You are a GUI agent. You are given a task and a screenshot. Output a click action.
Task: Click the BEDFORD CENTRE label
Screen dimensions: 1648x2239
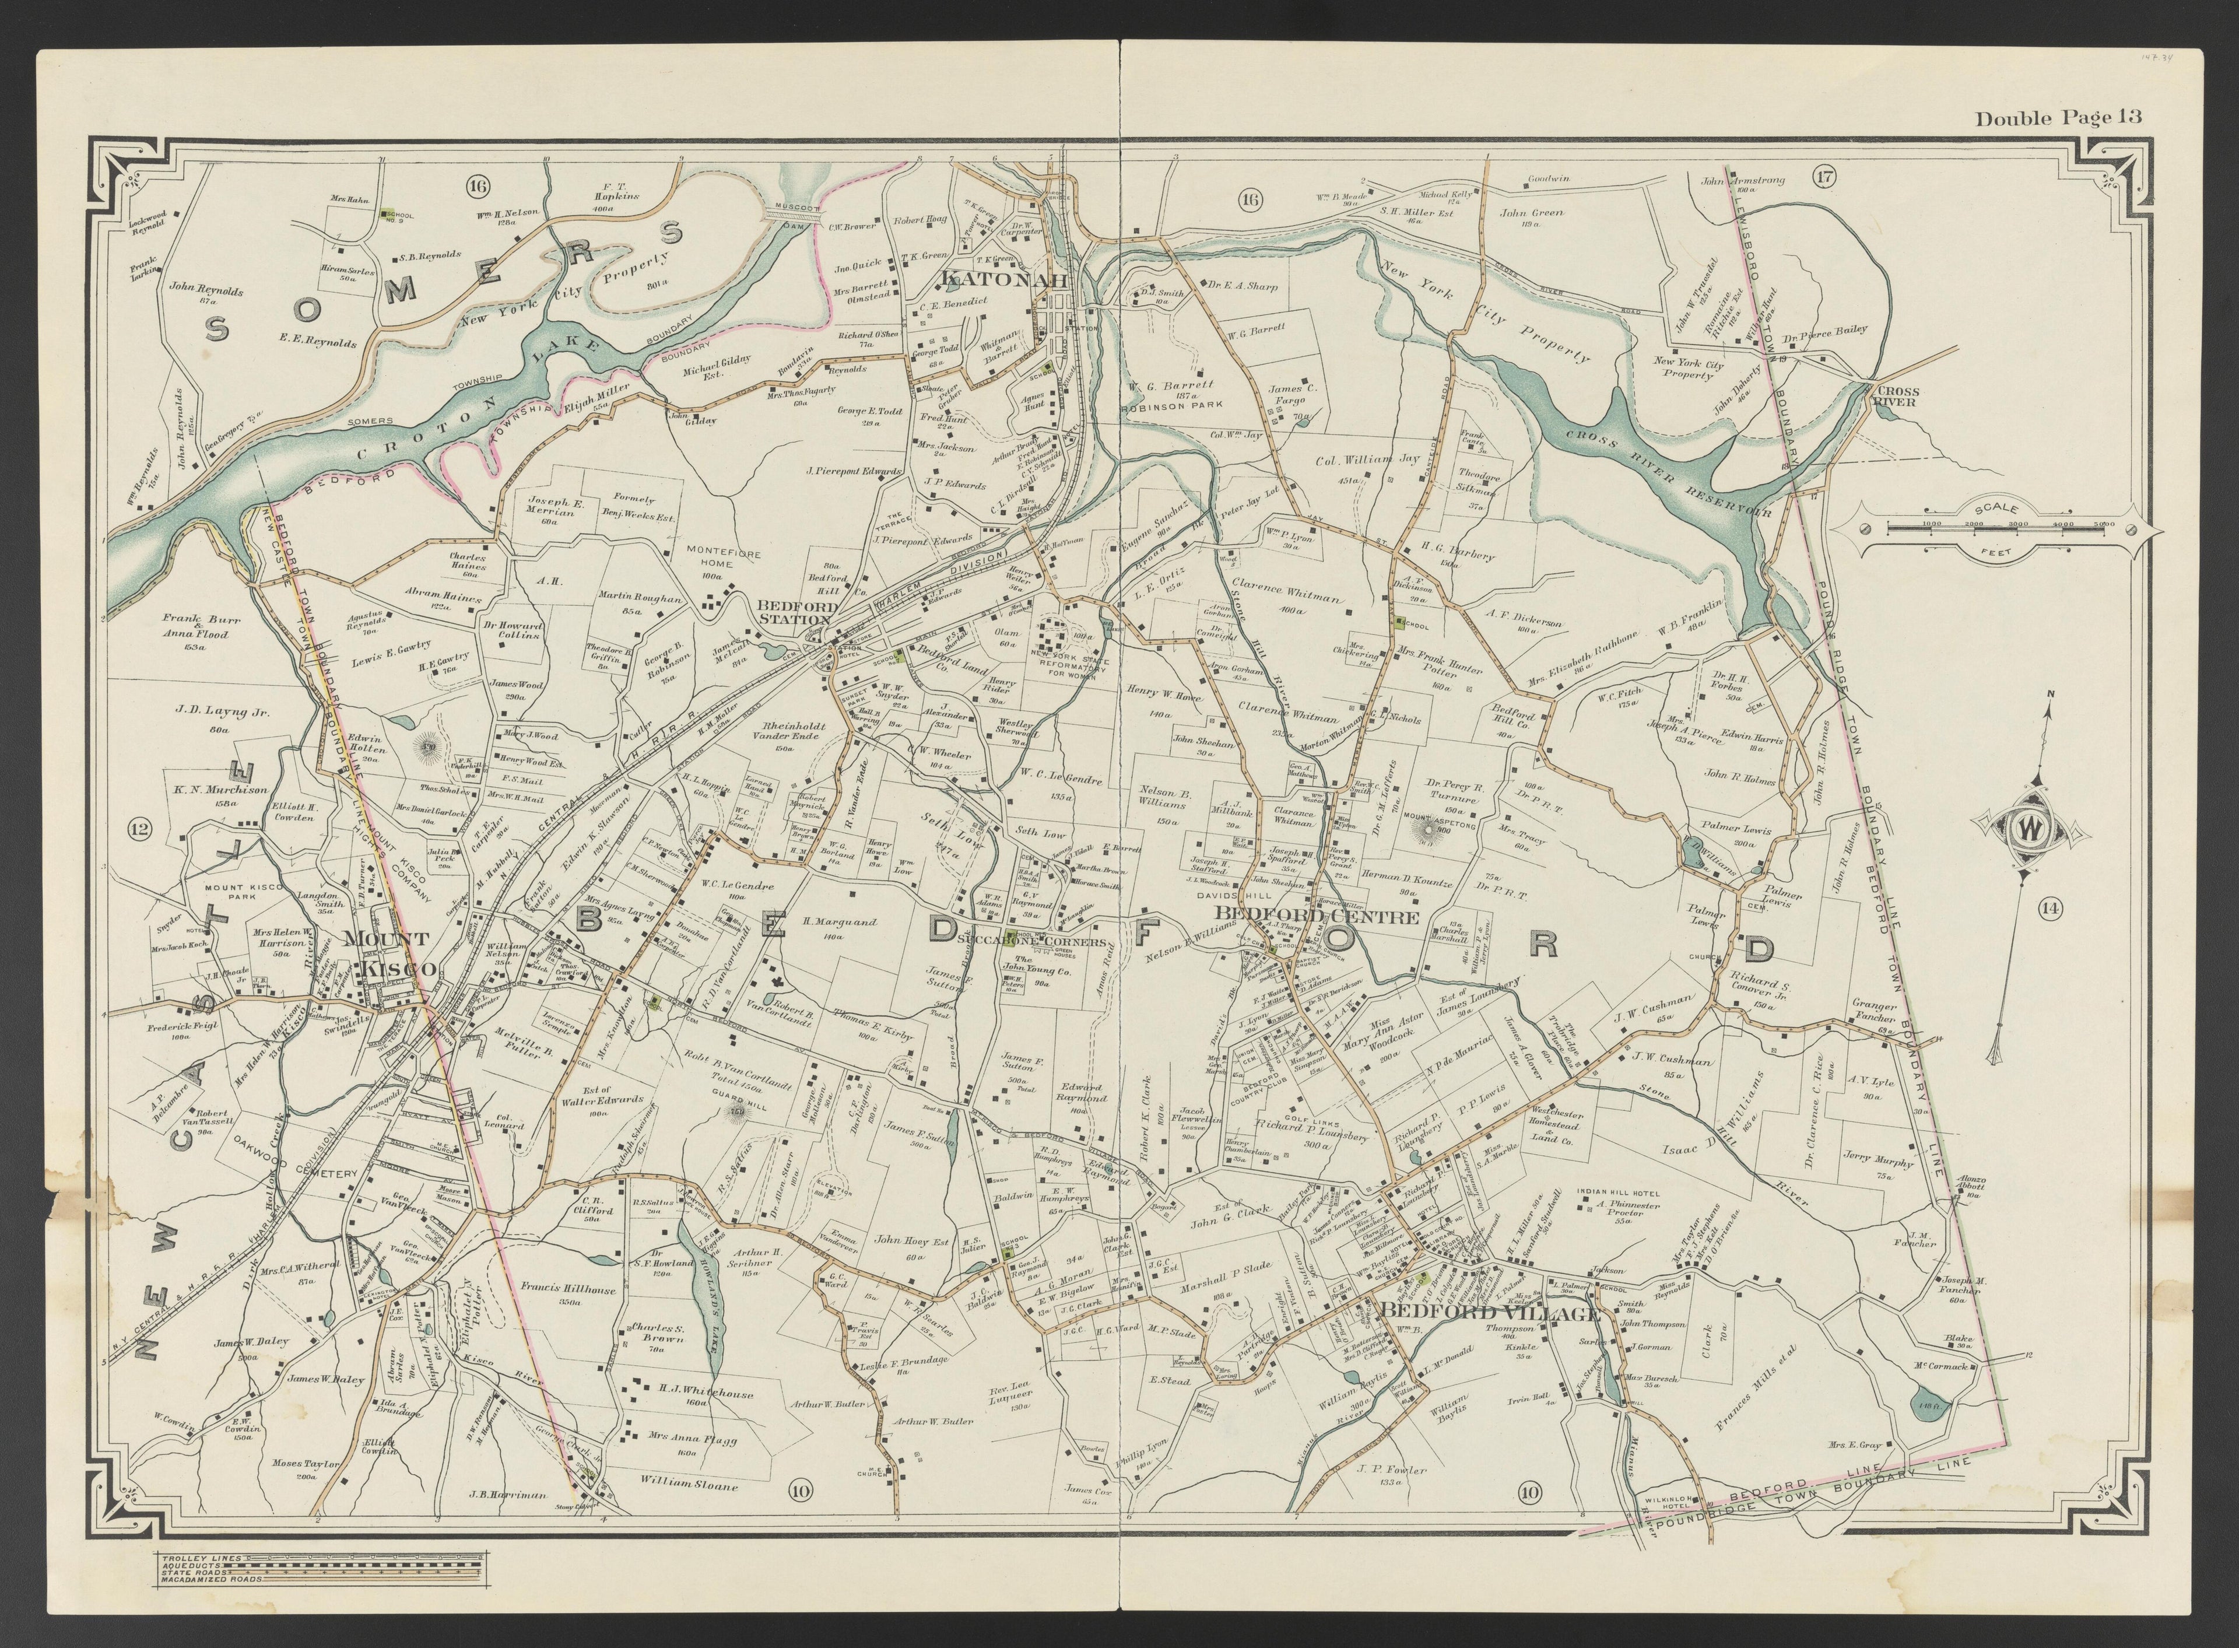(1314, 916)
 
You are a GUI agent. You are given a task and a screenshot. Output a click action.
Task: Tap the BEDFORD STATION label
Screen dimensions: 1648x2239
(794, 612)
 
